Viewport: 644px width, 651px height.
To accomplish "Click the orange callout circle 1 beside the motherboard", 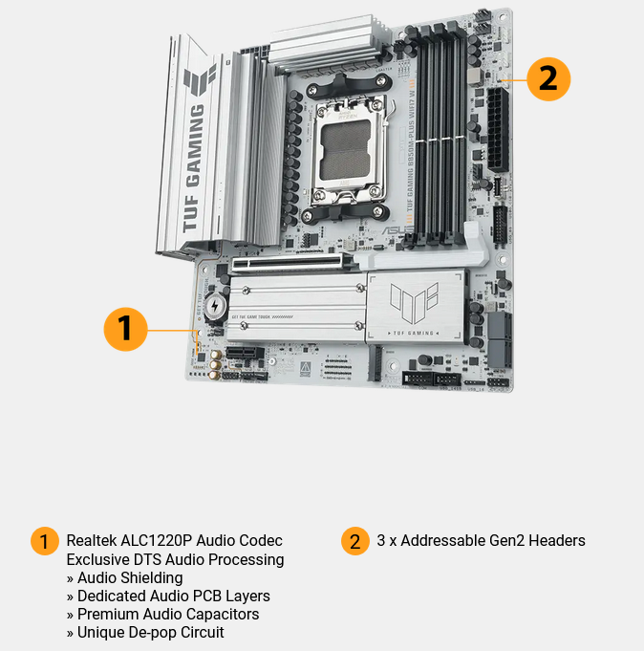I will (125, 330).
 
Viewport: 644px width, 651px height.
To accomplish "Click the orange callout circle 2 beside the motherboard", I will (547, 77).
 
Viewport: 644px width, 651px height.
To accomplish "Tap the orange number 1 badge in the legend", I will (44, 541).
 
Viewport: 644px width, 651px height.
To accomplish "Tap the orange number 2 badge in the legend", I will (354, 541).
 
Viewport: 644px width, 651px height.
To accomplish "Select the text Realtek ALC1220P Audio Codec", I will (174, 541).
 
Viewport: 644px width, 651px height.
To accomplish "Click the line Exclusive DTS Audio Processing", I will (175, 559).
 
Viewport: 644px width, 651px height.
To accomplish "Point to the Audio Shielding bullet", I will (129, 577).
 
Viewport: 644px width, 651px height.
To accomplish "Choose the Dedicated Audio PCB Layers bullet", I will (167, 596).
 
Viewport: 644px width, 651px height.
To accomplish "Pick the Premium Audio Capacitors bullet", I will (162, 614).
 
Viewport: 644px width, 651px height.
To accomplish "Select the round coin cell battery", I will (216, 307).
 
